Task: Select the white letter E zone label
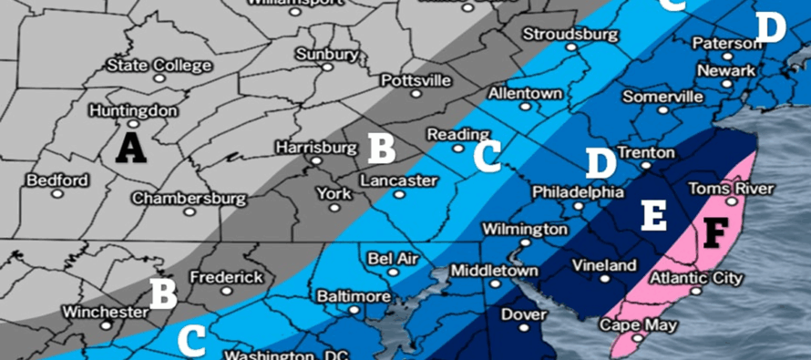pos(654,215)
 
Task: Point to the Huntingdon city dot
pos(132,124)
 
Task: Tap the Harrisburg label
pos(315,147)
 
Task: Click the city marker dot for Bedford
pos(57,194)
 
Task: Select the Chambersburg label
pos(189,198)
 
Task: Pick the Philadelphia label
pos(579,192)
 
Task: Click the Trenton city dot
pos(646,166)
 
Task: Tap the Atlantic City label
pos(697,278)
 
